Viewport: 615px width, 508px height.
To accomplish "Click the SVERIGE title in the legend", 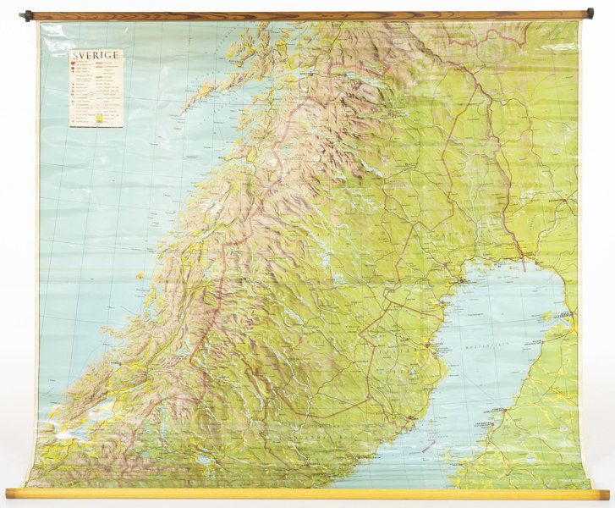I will coord(95,56).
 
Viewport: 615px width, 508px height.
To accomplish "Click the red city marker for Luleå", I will coord(463,279).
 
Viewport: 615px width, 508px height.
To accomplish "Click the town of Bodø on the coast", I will coord(222,157).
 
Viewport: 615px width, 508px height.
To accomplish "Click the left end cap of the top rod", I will coord(29,15).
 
